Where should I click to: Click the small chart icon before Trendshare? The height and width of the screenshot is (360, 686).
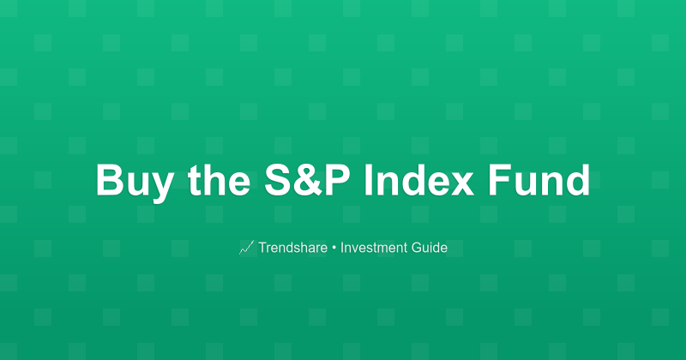pyautogui.click(x=246, y=248)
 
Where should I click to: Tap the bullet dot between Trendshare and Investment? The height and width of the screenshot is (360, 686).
pyautogui.click(x=334, y=248)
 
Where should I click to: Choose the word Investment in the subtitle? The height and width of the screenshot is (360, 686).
pyautogui.click(x=373, y=248)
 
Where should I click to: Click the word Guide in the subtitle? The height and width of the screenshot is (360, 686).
pyautogui.click(x=429, y=248)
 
